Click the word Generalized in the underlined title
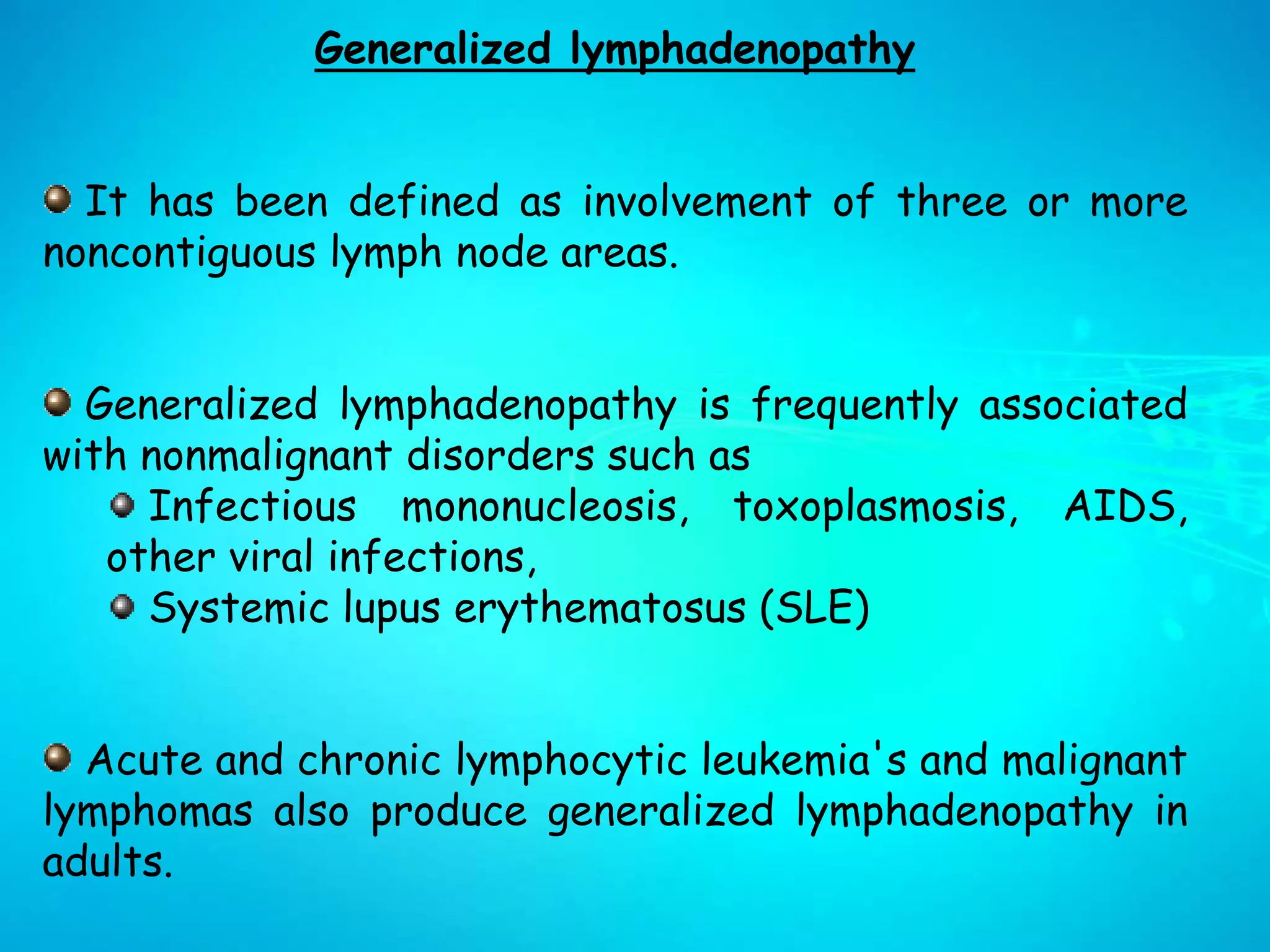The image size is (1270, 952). (432, 49)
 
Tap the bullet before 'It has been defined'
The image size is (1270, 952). (58, 200)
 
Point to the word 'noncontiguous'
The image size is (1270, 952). (179, 254)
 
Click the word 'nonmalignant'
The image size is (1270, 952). (267, 456)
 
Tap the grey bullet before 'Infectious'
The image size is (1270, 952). (123, 506)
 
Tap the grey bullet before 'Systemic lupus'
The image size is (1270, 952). (123, 607)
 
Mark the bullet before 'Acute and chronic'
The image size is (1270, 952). (58, 758)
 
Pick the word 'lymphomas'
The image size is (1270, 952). (148, 812)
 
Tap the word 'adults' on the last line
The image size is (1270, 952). (107, 862)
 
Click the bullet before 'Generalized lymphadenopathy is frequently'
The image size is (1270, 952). (58, 403)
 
